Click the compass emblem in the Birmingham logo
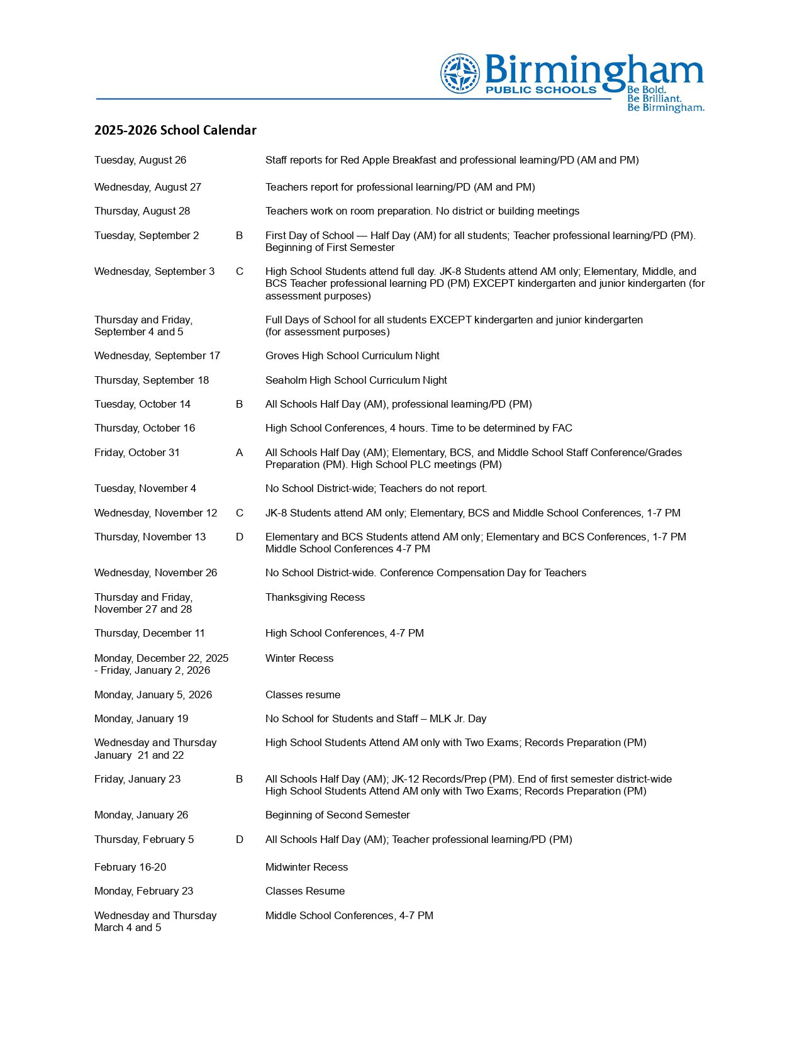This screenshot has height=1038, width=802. point(460,74)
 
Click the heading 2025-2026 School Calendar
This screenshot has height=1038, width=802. point(175,130)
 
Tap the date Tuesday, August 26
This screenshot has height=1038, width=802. point(140,160)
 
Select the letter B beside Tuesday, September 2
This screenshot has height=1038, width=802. point(239,236)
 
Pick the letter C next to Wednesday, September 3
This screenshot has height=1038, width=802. point(240,272)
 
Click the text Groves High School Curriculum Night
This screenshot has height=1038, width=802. point(352,356)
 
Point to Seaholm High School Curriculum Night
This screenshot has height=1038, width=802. point(356,381)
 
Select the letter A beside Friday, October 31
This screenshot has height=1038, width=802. point(239,453)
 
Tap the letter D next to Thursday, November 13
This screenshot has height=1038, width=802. point(240,537)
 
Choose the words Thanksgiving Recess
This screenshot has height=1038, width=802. point(315,598)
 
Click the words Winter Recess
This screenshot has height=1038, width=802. point(299,659)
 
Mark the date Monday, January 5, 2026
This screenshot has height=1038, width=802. point(153,695)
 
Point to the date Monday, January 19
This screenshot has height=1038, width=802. point(142,719)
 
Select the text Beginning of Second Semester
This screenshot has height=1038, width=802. point(338,815)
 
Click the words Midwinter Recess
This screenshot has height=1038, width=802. point(306,868)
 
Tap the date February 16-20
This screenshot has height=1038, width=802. point(130,868)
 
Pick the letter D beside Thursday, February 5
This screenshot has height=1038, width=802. point(240,840)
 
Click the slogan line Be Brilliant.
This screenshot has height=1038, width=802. point(654,99)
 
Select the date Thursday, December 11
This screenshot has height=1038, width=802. point(150,633)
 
